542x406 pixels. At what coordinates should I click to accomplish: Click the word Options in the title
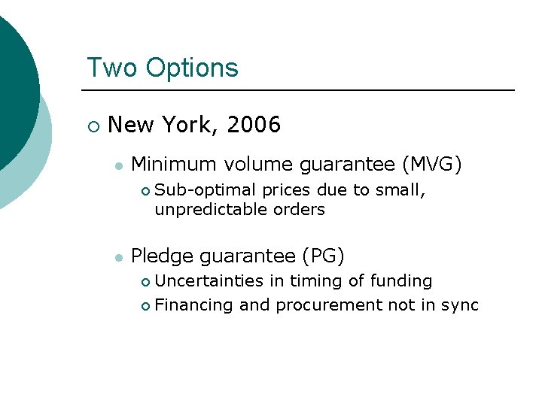click(x=192, y=68)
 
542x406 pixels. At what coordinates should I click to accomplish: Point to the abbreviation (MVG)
click(x=433, y=163)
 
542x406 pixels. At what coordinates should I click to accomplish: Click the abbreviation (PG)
click(x=323, y=256)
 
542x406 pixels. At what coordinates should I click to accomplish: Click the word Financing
click(x=194, y=304)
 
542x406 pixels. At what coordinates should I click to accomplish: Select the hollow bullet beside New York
click(x=92, y=126)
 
